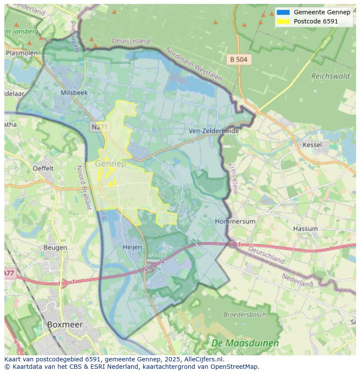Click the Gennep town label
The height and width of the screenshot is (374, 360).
(x=110, y=164)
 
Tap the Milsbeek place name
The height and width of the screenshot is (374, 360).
(x=74, y=93)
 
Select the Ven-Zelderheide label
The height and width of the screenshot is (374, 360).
(x=213, y=131)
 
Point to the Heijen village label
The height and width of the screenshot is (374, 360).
(x=133, y=247)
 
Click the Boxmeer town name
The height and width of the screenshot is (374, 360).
(x=65, y=324)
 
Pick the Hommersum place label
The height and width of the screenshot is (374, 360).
(x=235, y=221)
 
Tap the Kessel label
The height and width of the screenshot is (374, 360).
(x=312, y=145)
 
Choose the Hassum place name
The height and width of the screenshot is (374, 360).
(x=305, y=228)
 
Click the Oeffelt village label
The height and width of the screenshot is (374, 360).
(x=43, y=168)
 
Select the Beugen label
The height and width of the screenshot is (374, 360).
(x=55, y=248)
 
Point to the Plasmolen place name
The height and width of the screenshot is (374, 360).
(x=22, y=53)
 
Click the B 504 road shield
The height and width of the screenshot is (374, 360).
(x=239, y=60)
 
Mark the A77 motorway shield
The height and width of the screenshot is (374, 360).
(x=9, y=273)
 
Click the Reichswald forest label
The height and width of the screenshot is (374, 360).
(x=330, y=76)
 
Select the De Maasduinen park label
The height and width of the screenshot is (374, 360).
(x=245, y=343)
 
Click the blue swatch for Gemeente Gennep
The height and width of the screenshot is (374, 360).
(x=283, y=12)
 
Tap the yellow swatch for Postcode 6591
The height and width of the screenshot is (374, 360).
(x=283, y=21)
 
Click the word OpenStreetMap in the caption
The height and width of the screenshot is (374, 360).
(x=234, y=366)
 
